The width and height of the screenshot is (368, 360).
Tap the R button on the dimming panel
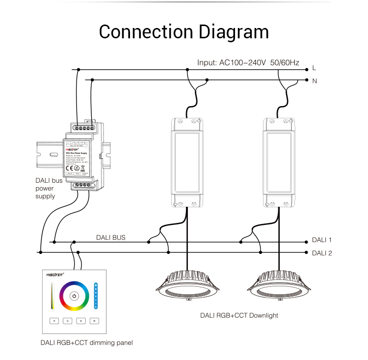pos(54,321)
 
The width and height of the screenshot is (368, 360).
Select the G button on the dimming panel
pos(68,321)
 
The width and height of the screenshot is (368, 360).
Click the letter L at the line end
pos(314,68)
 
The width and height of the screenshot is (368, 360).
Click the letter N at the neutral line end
pos(314,81)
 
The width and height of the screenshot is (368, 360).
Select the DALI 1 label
pos(322,240)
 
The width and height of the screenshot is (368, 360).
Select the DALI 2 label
pos(322,253)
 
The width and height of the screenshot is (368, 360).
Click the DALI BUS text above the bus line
pos(110,237)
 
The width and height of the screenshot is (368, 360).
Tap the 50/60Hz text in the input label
pos(285,63)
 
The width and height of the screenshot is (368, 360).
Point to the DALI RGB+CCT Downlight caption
pos(239,315)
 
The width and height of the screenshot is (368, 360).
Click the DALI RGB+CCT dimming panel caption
pos(86,342)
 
